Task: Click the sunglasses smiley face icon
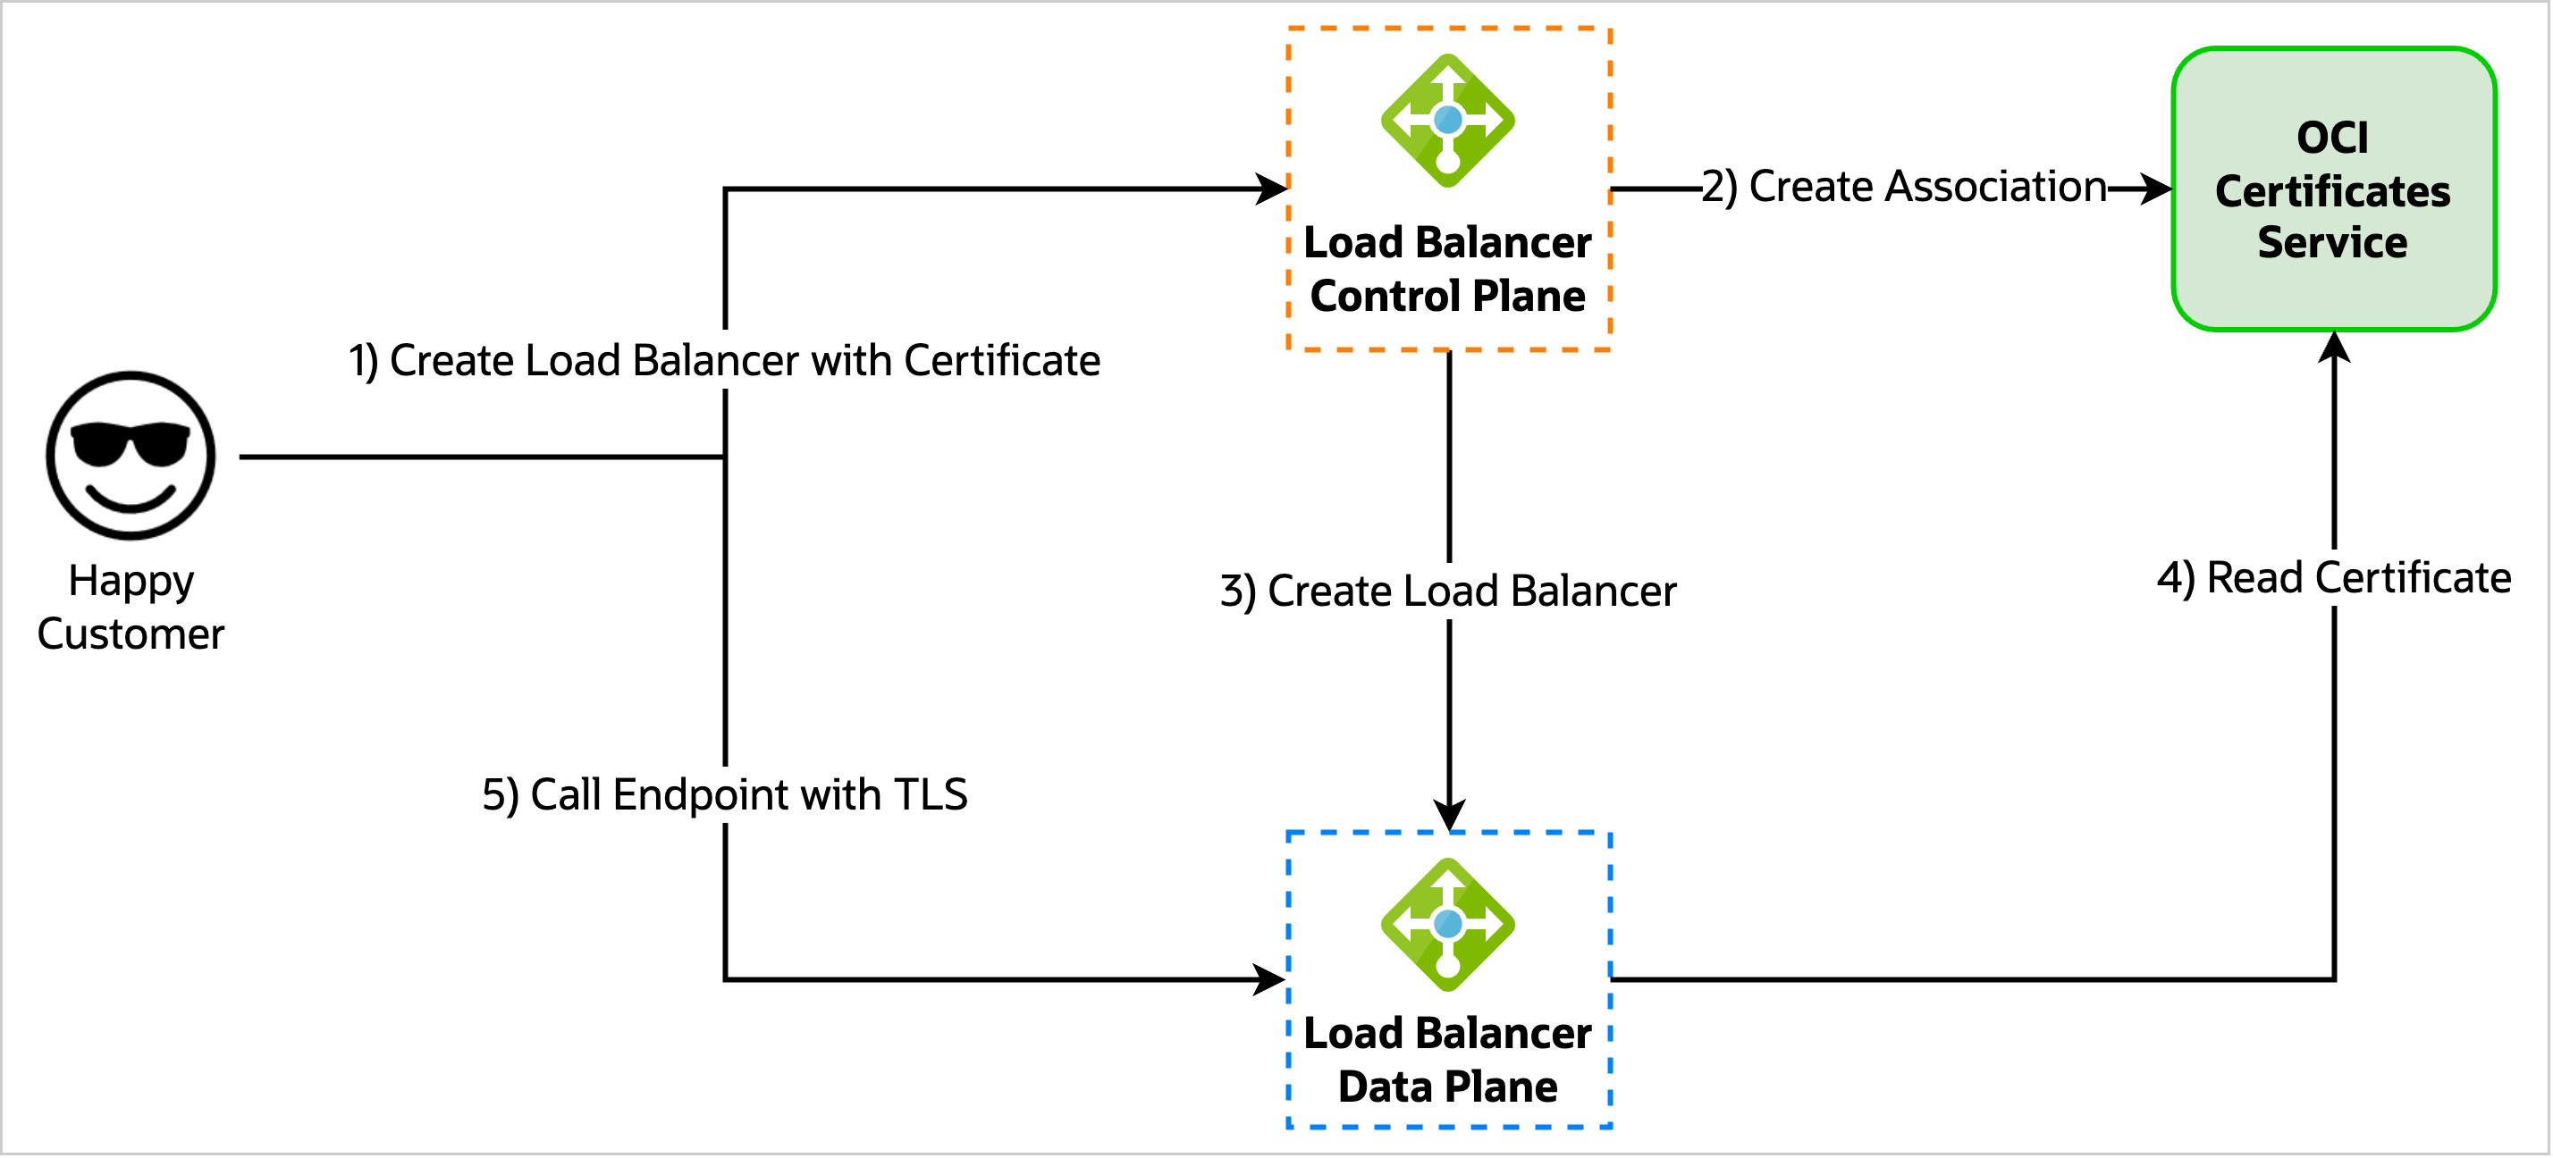pos(131,456)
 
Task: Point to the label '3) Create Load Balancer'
pos(1448,592)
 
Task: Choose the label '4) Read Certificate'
pos(2334,578)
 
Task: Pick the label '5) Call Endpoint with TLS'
pos(724,794)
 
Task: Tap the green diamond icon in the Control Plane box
pos(1448,121)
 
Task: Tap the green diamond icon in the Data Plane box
pos(1448,924)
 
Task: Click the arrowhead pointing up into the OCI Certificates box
pos(2335,347)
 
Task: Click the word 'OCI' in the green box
pos(2333,138)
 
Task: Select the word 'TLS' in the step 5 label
pos(930,794)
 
